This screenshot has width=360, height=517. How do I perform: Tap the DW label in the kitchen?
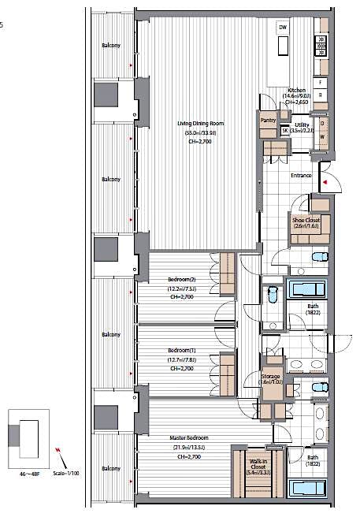point(282,28)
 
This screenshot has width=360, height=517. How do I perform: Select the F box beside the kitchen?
point(320,82)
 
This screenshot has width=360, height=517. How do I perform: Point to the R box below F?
point(320,95)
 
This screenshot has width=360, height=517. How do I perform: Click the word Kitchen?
point(298,91)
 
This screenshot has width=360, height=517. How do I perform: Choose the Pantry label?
point(266,119)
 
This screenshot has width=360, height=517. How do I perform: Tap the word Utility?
point(301,125)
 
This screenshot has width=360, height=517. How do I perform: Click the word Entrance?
point(302,175)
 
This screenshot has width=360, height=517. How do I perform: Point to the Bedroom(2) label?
point(180,280)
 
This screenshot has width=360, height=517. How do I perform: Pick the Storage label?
point(271,377)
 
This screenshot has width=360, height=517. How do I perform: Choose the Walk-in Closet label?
point(258,465)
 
